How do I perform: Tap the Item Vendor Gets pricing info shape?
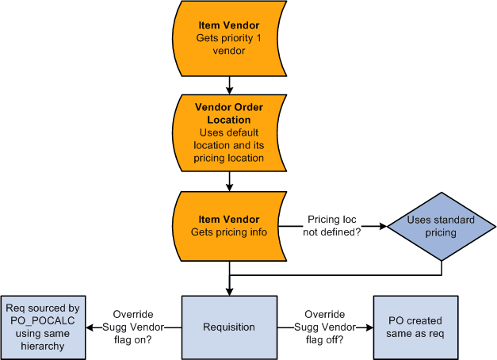click(229, 226)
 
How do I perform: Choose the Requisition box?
click(229, 326)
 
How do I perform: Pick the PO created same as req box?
click(416, 326)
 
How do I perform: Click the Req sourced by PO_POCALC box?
click(43, 326)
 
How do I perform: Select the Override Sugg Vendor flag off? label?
click(324, 326)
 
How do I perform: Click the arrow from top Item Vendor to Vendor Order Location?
click(229, 83)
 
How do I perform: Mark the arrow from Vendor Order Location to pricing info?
click(229, 183)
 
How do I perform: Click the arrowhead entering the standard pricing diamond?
click(382, 227)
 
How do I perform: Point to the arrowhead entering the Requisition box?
click(229, 291)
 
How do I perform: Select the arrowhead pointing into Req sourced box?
click(90, 326)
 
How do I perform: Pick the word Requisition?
click(229, 326)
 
